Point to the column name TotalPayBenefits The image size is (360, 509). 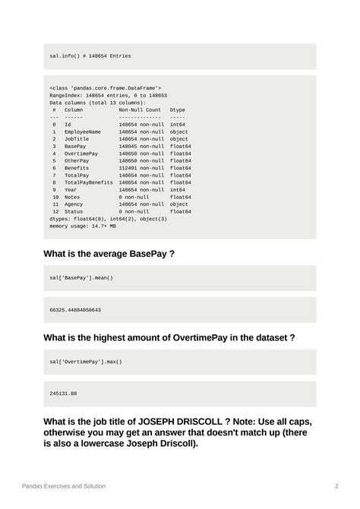(x=89, y=182)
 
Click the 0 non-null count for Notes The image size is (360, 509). (x=134, y=197)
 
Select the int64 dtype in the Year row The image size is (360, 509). (x=179, y=190)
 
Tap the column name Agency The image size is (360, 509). (x=74, y=204)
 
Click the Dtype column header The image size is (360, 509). (x=177, y=110)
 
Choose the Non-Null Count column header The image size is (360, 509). (x=140, y=110)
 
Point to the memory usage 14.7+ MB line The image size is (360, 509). (x=83, y=226)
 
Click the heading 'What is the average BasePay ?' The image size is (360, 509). (x=109, y=253)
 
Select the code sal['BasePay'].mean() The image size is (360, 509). (x=81, y=278)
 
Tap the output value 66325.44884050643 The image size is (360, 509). (x=75, y=310)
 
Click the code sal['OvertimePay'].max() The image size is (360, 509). (x=86, y=362)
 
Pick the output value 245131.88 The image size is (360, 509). (x=63, y=394)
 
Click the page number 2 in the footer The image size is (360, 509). (x=336, y=485)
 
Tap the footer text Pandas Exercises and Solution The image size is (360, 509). (x=64, y=485)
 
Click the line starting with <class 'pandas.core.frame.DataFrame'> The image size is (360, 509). (x=106, y=88)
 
